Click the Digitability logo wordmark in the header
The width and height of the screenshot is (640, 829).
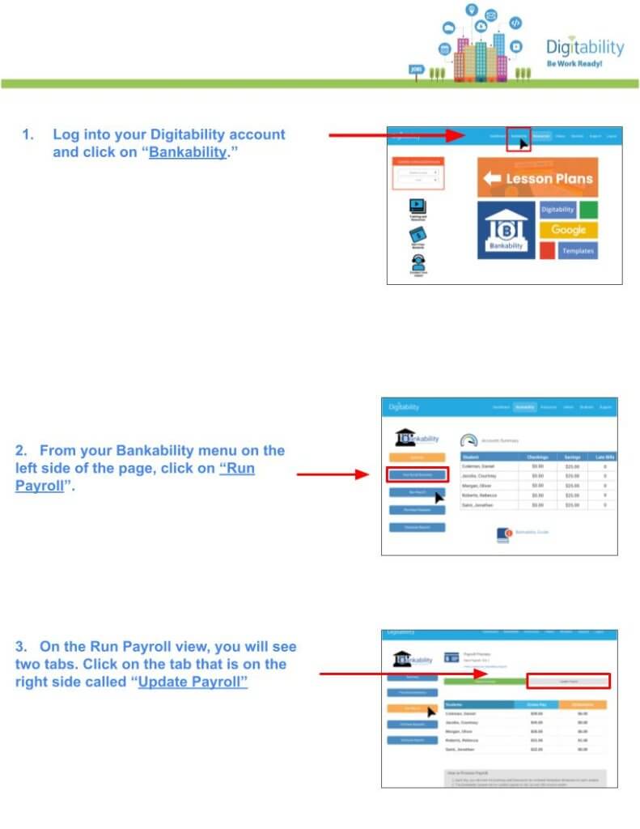coord(585,47)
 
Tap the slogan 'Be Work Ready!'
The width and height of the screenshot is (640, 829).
coord(574,63)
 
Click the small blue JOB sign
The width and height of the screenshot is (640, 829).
coord(417,70)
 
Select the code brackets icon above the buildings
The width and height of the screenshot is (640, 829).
coord(515,23)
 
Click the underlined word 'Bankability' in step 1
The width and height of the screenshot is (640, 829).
coord(188,152)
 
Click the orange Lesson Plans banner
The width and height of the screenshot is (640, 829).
coord(537,178)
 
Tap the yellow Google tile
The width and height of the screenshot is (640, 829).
coord(568,230)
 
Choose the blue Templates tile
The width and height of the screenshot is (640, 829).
coord(578,251)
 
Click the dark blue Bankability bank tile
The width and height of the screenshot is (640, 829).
coord(506,230)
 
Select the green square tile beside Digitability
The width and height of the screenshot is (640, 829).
coord(589,210)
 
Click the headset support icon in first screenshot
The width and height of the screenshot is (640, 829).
coord(417,263)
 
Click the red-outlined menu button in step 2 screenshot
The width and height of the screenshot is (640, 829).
coord(413,474)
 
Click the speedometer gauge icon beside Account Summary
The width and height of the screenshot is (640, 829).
coord(468,440)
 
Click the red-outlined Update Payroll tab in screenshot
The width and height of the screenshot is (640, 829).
coord(567,681)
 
